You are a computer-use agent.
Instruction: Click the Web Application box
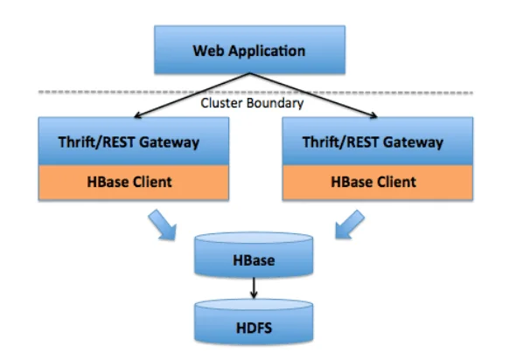(249, 50)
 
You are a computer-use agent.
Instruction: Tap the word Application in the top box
(267, 52)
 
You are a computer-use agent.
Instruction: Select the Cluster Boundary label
(252, 103)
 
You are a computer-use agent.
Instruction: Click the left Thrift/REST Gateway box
(134, 142)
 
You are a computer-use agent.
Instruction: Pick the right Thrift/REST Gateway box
(378, 142)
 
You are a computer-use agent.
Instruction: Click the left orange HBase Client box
(134, 183)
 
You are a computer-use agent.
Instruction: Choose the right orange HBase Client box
(378, 183)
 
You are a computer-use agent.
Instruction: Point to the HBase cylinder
(254, 255)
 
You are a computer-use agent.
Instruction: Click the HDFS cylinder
(254, 322)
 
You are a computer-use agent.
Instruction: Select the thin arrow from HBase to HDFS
(254, 287)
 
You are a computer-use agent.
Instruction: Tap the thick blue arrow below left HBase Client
(163, 225)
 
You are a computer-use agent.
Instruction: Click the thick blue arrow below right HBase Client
(349, 225)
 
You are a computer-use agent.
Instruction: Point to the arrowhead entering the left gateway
(136, 115)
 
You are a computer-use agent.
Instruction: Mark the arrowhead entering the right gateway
(374, 115)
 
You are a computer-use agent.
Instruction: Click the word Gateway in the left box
(169, 142)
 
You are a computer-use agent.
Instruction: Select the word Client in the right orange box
(397, 182)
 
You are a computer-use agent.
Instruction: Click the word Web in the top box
(208, 51)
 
